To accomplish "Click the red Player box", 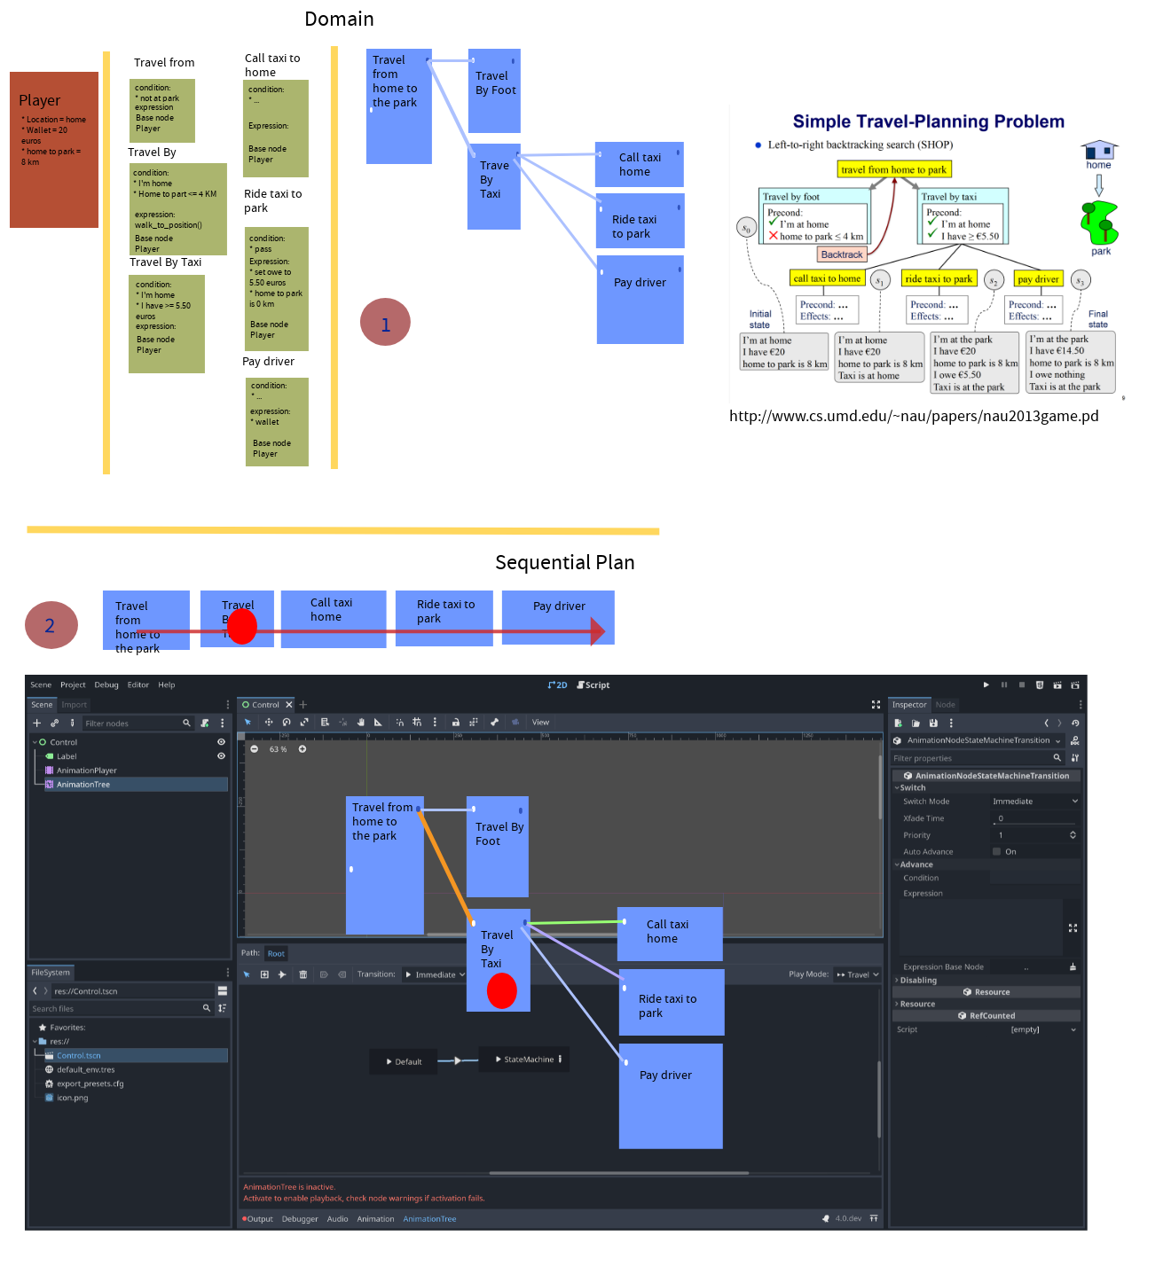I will click(54, 149).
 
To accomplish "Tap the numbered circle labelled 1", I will click(385, 324).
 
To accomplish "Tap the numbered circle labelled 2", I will click(51, 625).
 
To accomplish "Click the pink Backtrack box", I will click(841, 254).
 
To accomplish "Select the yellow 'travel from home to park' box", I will click(894, 169).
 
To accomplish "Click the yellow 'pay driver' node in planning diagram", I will click(1038, 278).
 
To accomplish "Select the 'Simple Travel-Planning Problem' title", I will click(928, 121).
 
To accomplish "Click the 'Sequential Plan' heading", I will click(564, 562).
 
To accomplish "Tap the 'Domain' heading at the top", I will click(339, 19).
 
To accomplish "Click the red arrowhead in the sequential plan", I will click(598, 631).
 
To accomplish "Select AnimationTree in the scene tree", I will click(83, 785).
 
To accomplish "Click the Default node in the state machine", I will click(405, 1061).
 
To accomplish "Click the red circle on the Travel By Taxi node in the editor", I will click(502, 990).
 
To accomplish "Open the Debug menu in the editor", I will click(106, 684).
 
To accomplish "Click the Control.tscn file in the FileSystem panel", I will click(78, 1055).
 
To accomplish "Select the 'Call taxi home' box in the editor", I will click(670, 933).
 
